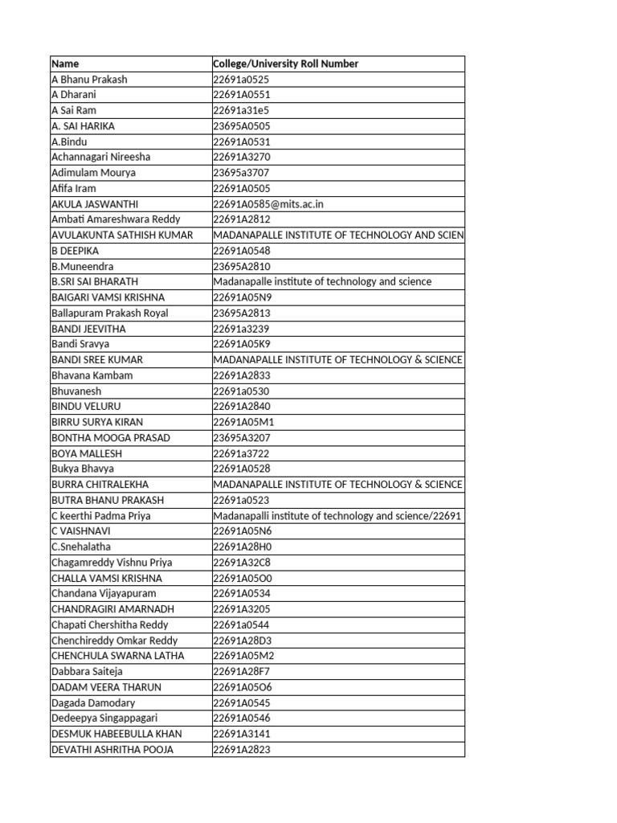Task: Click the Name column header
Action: pos(65,63)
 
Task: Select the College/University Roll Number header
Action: pos(285,63)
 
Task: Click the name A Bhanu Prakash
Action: pos(89,80)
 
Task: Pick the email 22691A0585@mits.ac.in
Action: pos(268,204)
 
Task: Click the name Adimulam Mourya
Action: pos(93,173)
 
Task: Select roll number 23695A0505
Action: pos(241,126)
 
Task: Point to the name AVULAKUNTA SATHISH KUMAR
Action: pos(122,235)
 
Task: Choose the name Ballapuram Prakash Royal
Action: pos(109,313)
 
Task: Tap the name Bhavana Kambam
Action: pos(92,375)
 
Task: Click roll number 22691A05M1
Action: pos(242,422)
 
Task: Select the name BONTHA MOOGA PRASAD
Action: pos(111,438)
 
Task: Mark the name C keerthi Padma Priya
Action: pos(100,516)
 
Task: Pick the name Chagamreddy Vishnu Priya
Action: pos(112,563)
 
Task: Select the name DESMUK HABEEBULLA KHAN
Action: pos(116,734)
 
